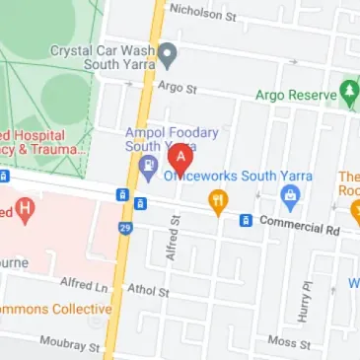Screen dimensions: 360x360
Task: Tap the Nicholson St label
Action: pos(202,10)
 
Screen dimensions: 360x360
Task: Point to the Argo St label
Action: pos(180,89)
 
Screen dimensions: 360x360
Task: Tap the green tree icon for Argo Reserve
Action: pos(350,95)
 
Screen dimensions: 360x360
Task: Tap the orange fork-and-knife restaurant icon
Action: pos(217,204)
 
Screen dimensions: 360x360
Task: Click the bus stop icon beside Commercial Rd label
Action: pos(246,219)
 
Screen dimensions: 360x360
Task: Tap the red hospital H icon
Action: pos(24,209)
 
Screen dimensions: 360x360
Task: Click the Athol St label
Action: pos(148,292)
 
